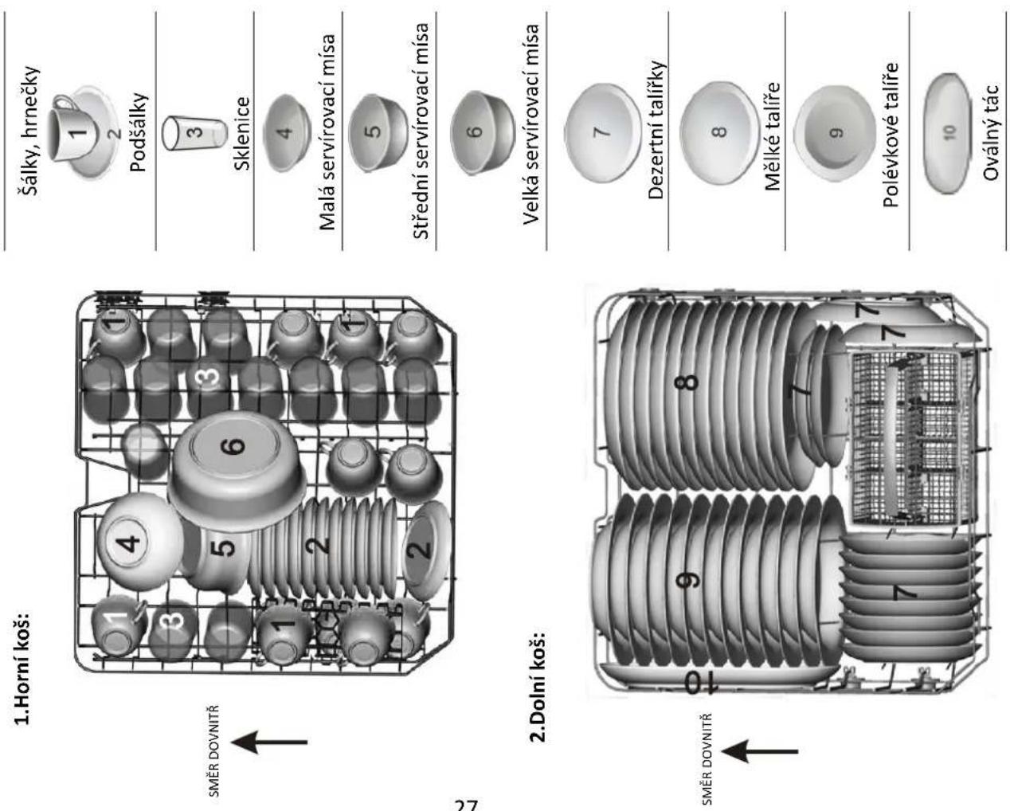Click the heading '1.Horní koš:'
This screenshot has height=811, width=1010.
coord(23,668)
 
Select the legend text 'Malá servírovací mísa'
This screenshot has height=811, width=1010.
coord(327,132)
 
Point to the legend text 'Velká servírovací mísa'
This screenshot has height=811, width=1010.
coord(531,124)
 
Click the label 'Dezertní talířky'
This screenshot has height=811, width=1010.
coord(656,130)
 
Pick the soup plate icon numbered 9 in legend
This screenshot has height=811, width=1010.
coord(836,134)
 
